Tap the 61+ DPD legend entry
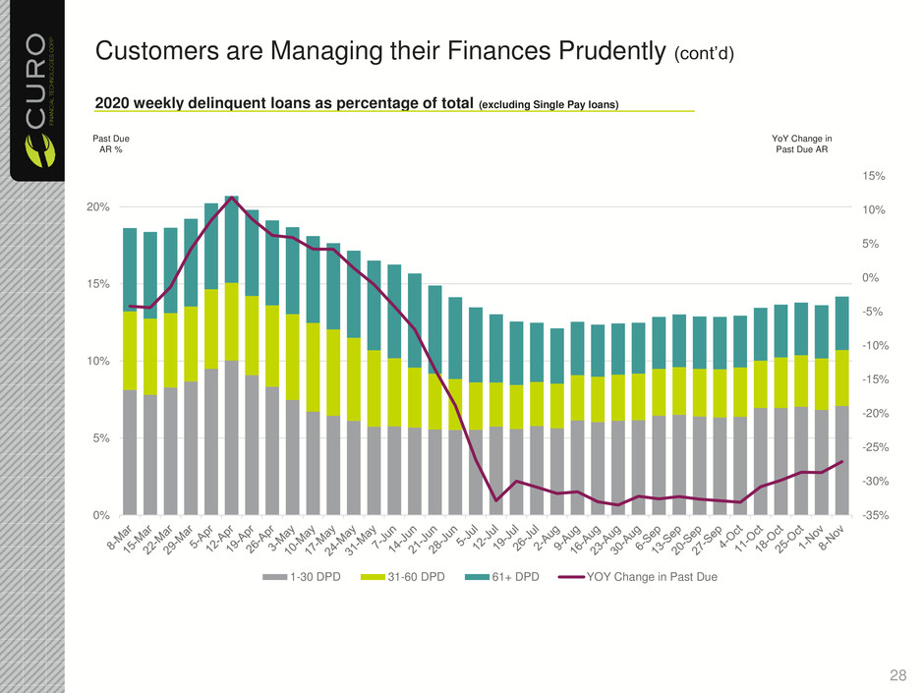pyautogui.click(x=512, y=576)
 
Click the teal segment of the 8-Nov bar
pyautogui.click(x=842, y=323)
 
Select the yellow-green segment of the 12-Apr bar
pyautogui.click(x=232, y=321)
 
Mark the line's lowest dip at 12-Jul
pyautogui.click(x=496, y=500)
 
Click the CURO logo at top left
pyautogui.click(x=34, y=93)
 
